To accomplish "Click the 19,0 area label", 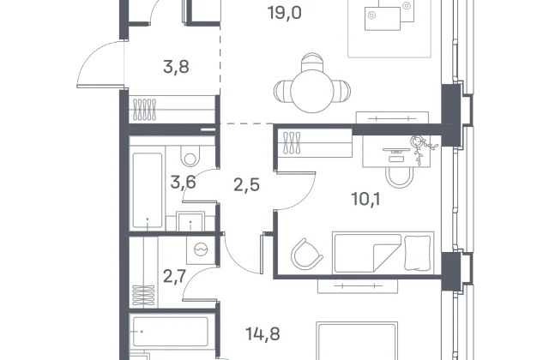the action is pyautogui.click(x=284, y=14).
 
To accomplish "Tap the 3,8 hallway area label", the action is pyautogui.click(x=176, y=67).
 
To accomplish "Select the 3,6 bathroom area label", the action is pyautogui.click(x=183, y=183).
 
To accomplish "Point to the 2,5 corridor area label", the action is pyautogui.click(x=246, y=185).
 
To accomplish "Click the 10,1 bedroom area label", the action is pyautogui.click(x=366, y=199).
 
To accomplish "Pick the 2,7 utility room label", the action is pyautogui.click(x=174, y=276).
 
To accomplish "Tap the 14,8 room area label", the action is pyautogui.click(x=262, y=334).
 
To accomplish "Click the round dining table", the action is pyautogui.click(x=312, y=91).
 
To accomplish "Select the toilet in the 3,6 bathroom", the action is pyautogui.click(x=190, y=155).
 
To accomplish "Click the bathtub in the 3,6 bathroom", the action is pyautogui.click(x=148, y=190).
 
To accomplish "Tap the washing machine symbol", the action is pyautogui.click(x=201, y=249).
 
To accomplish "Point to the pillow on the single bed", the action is pyautogui.click(x=418, y=253).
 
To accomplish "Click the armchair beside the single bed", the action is pyautogui.click(x=307, y=254).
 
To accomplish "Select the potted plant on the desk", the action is pyautogui.click(x=422, y=148).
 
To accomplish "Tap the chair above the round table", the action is pyautogui.click(x=312, y=62).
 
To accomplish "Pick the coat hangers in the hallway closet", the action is pyautogui.click(x=143, y=109).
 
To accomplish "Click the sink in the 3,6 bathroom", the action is pyautogui.click(x=190, y=221).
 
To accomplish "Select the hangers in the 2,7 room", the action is pyautogui.click(x=143, y=295).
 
